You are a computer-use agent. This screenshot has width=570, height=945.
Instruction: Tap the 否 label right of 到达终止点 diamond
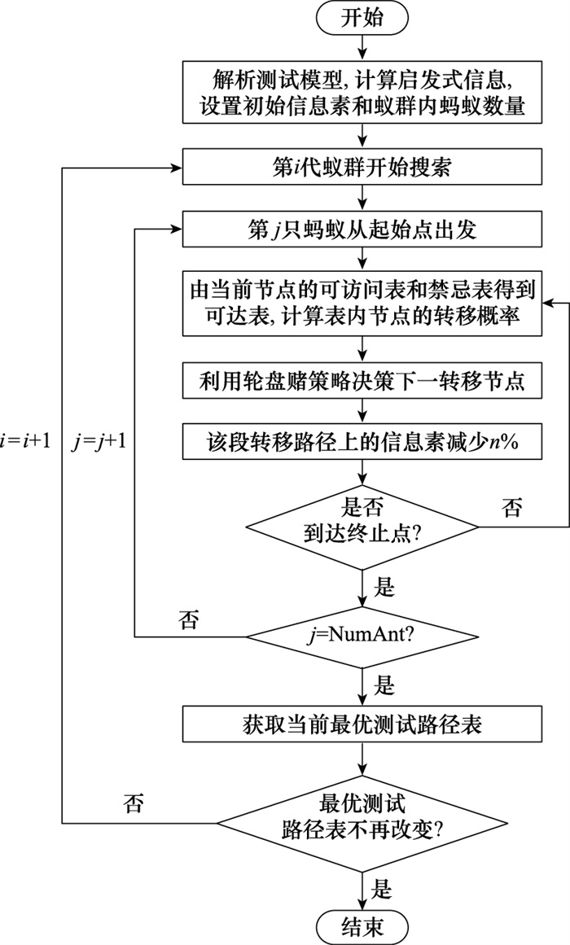(x=512, y=510)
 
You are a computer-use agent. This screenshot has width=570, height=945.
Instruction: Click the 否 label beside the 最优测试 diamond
(x=134, y=804)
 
